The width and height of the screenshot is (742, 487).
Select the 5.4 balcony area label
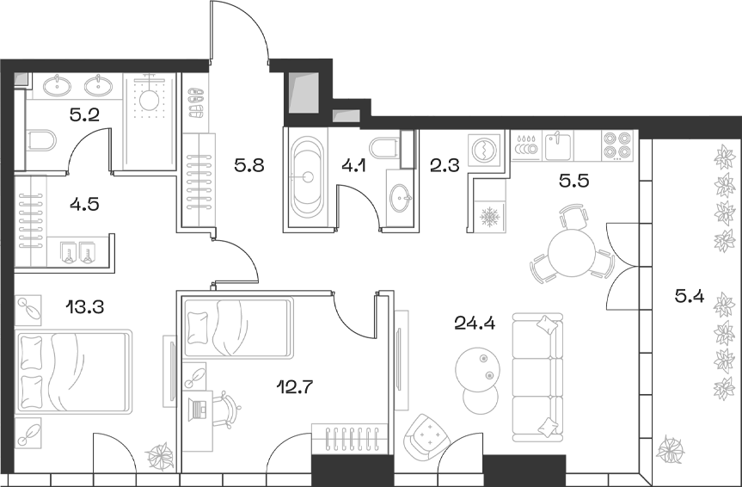pos(690,298)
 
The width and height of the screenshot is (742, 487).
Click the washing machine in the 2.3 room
pos(484,149)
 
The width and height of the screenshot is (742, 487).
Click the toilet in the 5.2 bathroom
pos(41,140)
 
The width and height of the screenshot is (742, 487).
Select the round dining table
pos(572,253)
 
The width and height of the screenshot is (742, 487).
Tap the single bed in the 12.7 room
pos(237,328)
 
